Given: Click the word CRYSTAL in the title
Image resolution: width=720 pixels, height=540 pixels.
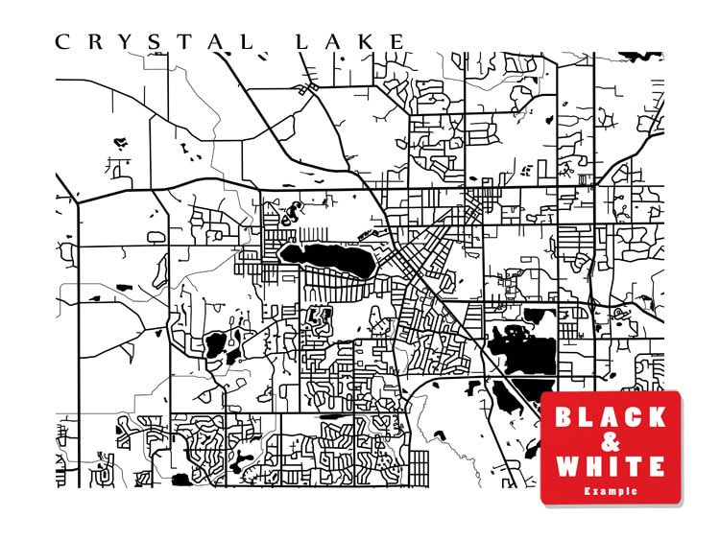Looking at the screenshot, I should [155, 41].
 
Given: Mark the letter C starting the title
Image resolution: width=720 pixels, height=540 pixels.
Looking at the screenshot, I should [62, 41].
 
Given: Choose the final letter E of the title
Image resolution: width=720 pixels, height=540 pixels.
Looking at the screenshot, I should [397, 41].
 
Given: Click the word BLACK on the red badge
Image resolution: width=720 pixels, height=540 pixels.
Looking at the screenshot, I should [611, 417].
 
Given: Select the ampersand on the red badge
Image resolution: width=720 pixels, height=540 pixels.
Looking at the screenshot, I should [611, 442].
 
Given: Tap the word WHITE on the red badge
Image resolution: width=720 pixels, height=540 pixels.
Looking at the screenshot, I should [611, 467].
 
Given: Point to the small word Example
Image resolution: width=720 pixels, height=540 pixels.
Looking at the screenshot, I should [611, 491].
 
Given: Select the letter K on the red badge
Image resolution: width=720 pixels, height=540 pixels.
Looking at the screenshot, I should [657, 417].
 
